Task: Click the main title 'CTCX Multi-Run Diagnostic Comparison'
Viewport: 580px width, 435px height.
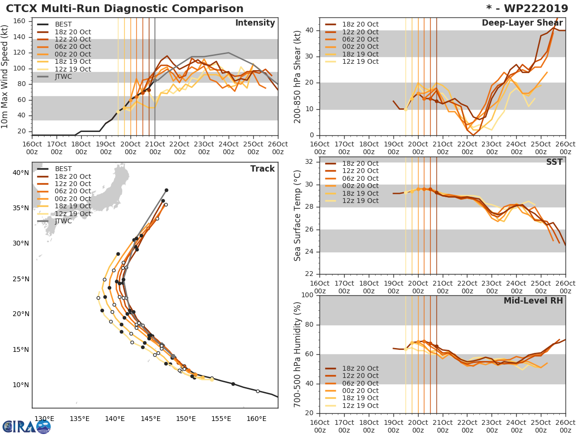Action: pyautogui.click(x=125, y=9)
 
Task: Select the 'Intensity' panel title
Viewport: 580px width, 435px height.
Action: pyautogui.click(x=255, y=23)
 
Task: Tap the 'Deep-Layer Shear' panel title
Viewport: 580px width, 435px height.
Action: pyautogui.click(x=522, y=23)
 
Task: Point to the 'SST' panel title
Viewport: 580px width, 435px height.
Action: pyautogui.click(x=554, y=162)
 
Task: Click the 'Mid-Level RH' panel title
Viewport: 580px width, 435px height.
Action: pyautogui.click(x=533, y=301)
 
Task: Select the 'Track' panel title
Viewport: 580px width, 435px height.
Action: pyautogui.click(x=262, y=169)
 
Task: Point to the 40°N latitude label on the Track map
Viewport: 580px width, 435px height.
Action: pyautogui.click(x=20, y=173)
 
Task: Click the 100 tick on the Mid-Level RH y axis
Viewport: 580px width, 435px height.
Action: pyautogui.click(x=306, y=295)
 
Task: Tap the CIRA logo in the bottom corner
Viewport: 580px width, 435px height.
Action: pyautogui.click(x=27, y=426)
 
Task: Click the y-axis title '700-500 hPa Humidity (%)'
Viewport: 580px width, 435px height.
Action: pyautogui.click(x=298, y=354)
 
